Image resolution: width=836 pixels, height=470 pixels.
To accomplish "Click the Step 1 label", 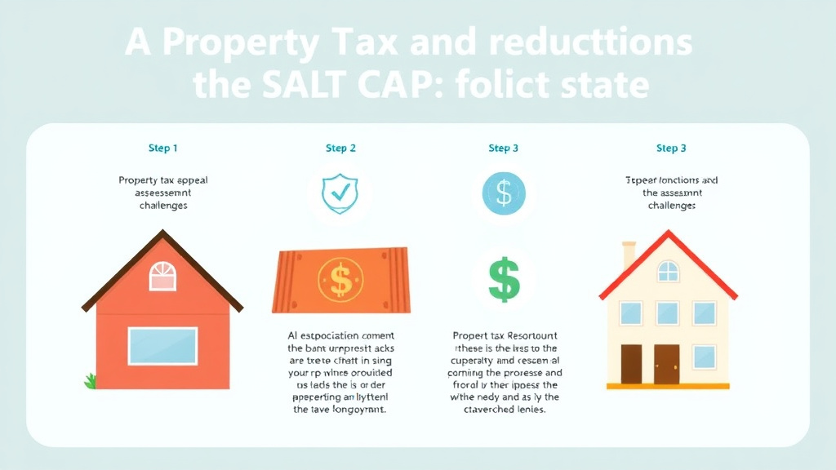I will click(163, 149).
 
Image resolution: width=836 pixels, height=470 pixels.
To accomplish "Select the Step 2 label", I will click(340, 149).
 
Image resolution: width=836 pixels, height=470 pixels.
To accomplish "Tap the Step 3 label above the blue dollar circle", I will click(504, 149).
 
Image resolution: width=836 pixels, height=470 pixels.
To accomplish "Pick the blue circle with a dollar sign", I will click(504, 194).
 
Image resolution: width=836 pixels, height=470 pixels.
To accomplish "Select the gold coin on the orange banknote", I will click(340, 279).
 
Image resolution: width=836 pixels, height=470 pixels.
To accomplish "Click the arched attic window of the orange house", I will click(162, 277).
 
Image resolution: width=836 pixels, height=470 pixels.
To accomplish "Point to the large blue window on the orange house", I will click(162, 345).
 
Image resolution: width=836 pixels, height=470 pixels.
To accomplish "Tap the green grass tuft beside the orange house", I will click(90, 380).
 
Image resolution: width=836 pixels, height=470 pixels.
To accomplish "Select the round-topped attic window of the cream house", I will click(668, 271).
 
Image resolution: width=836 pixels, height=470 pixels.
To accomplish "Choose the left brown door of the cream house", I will click(631, 364).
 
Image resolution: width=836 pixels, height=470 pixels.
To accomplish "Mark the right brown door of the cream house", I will click(667, 364).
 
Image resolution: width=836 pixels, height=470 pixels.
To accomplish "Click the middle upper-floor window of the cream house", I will click(668, 313).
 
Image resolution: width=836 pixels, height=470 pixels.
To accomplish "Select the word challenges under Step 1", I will click(163, 206).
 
